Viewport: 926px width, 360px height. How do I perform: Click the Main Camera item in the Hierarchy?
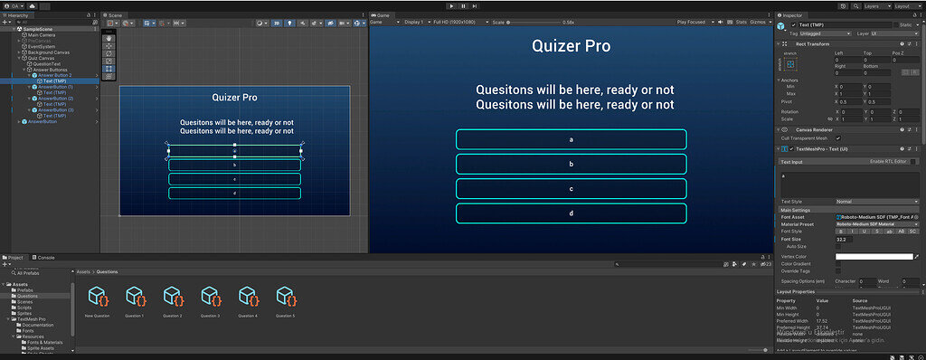click(41, 34)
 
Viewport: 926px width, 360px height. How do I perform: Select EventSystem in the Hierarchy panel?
click(41, 46)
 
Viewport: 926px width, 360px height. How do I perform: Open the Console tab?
click(45, 258)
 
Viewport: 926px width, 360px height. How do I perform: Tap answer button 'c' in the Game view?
click(571, 189)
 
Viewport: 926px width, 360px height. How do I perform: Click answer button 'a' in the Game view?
click(571, 139)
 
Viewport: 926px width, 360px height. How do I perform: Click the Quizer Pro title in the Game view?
click(571, 46)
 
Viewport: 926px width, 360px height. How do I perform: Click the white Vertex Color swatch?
click(874, 256)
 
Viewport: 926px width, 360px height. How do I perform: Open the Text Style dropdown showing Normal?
click(874, 201)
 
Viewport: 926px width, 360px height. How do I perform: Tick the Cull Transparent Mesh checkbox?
click(838, 138)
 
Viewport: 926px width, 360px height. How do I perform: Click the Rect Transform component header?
click(814, 43)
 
